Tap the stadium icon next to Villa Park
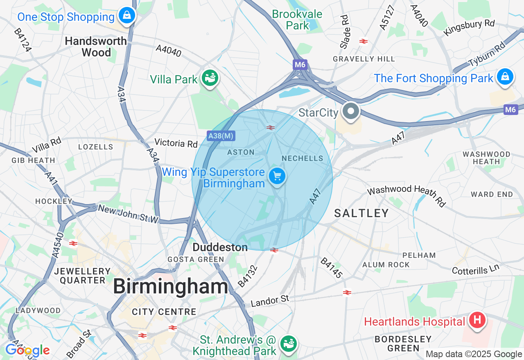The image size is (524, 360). (210, 78)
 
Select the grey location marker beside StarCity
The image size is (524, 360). (350, 111)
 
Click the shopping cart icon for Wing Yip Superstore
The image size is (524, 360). (277, 176)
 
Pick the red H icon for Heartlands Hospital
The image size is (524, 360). (477, 320)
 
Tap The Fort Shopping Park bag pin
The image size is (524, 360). (505, 76)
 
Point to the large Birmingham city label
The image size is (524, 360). (170, 286)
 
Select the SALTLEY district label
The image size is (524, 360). (361, 213)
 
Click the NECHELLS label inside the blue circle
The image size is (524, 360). (303, 158)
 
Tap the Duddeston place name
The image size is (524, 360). (220, 247)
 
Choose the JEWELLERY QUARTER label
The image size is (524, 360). (82, 276)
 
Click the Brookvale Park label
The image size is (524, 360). (297, 20)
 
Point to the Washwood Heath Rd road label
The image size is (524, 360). (406, 195)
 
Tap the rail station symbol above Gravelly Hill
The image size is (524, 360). (363, 41)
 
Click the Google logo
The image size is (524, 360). (27, 350)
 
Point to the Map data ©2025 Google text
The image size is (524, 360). (474, 354)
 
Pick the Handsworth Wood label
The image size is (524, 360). (96, 47)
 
